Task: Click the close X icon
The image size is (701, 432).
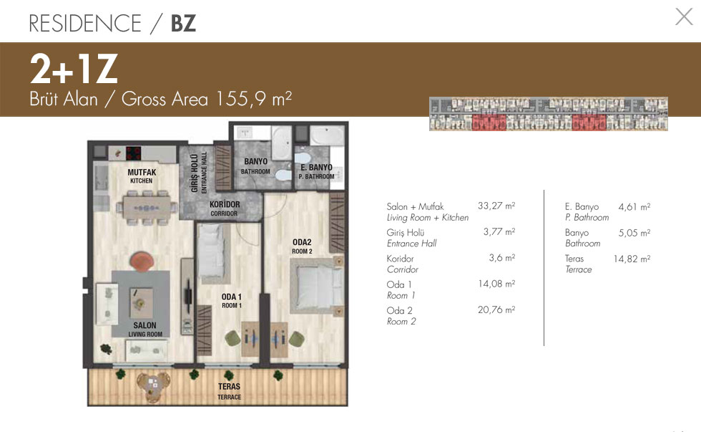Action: pos(684,17)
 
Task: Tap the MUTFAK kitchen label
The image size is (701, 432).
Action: pos(142,176)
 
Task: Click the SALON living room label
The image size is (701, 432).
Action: pos(144,329)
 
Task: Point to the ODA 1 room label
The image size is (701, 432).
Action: pos(232,301)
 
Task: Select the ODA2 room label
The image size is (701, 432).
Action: pos(302,246)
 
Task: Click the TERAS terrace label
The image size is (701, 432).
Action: pos(230,391)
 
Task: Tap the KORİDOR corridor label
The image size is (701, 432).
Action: pos(225,208)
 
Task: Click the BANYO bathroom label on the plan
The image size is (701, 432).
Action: pos(256,165)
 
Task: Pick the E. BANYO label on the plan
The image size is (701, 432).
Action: pos(316,171)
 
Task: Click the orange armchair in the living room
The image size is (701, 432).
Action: pos(142,261)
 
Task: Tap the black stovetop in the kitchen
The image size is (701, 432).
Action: pos(133,153)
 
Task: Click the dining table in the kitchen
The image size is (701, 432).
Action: pos(147,208)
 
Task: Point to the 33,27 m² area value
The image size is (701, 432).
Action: pos(496,206)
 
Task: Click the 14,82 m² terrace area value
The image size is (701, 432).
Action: pos(632,259)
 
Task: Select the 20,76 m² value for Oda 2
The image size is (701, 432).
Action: pos(496,309)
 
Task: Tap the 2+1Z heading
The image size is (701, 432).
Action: pos(74,69)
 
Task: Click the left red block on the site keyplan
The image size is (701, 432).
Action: pos(489,123)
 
